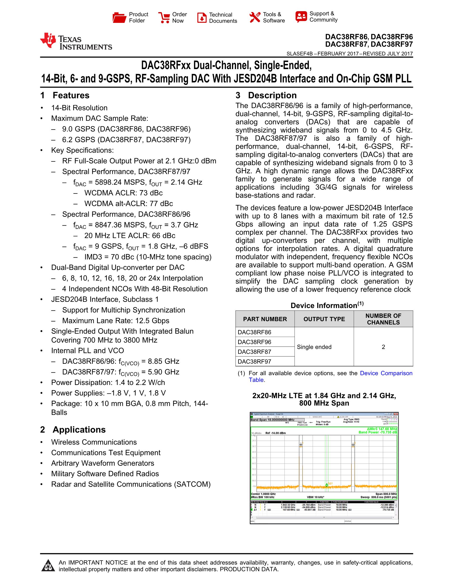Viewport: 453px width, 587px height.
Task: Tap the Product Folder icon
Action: [119, 18]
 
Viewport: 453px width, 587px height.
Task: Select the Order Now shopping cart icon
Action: [164, 18]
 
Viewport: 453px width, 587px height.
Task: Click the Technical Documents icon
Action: [202, 18]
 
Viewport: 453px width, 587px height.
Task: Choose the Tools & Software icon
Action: [255, 17]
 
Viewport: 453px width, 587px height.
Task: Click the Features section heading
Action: [71, 96]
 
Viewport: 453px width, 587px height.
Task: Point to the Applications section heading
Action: [79, 430]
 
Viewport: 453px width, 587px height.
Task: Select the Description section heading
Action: [272, 96]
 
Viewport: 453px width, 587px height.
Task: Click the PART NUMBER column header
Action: [265, 319]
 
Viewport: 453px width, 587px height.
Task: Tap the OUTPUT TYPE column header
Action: [324, 319]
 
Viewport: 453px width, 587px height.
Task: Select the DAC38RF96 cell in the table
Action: [254, 342]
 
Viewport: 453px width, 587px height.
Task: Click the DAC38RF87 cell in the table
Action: [254, 352]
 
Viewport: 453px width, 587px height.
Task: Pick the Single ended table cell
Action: [314, 347]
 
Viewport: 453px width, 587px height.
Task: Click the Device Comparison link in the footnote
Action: [386, 373]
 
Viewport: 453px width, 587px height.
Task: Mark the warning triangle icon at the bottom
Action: [48, 566]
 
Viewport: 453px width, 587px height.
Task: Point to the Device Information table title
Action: [324, 306]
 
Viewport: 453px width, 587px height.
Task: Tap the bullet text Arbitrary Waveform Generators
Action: [103, 463]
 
